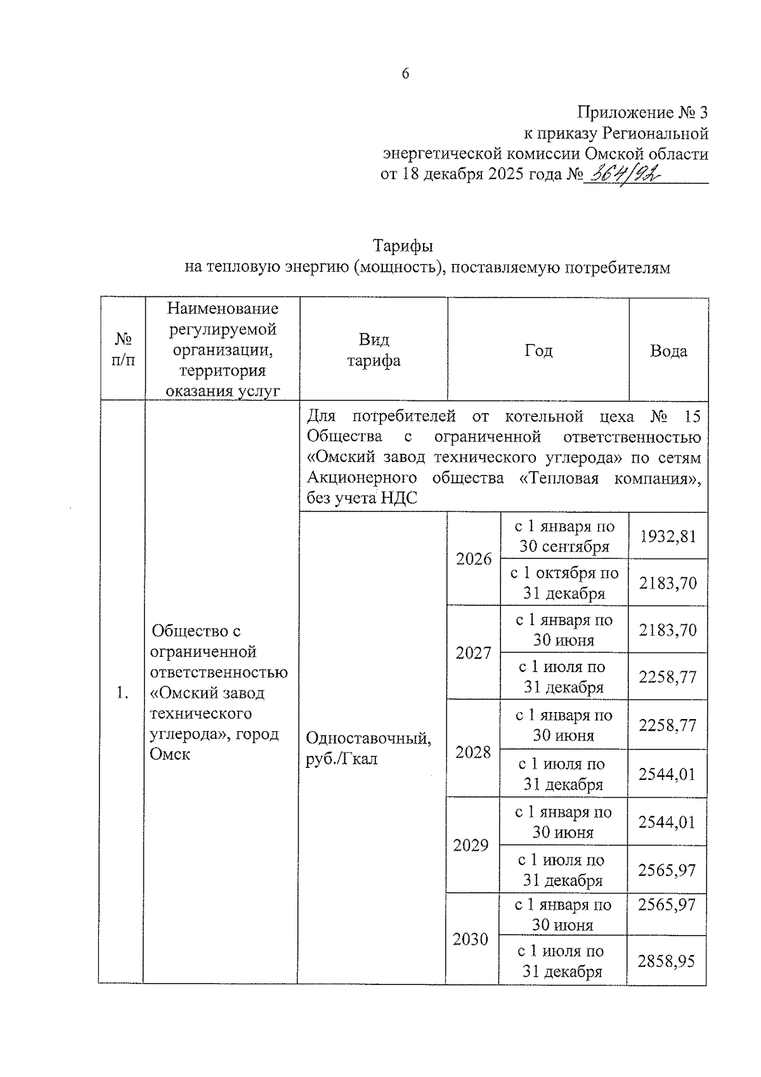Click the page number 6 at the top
pyautogui.click(x=405, y=74)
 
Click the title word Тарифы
pyautogui.click(x=403, y=246)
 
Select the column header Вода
pyautogui.click(x=668, y=350)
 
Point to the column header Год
pyautogui.click(x=538, y=350)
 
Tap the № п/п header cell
pyautogui.click(x=123, y=350)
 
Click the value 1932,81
pyautogui.click(x=668, y=536)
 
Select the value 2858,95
pyautogui.click(x=667, y=961)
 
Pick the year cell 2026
pyautogui.click(x=474, y=559)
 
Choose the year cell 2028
pyautogui.click(x=473, y=752)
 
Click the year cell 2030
pyautogui.click(x=471, y=939)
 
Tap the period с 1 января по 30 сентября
pyautogui.click(x=564, y=536)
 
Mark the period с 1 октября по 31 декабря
pyautogui.click(x=564, y=583)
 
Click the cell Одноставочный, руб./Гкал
pyautogui.click(x=368, y=748)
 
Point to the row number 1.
pyautogui.click(x=122, y=693)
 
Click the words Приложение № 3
pyautogui.click(x=642, y=113)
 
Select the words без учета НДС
pyautogui.click(x=361, y=498)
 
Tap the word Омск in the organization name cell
pyautogui.click(x=170, y=755)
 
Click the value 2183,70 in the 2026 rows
pyautogui.click(x=668, y=583)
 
